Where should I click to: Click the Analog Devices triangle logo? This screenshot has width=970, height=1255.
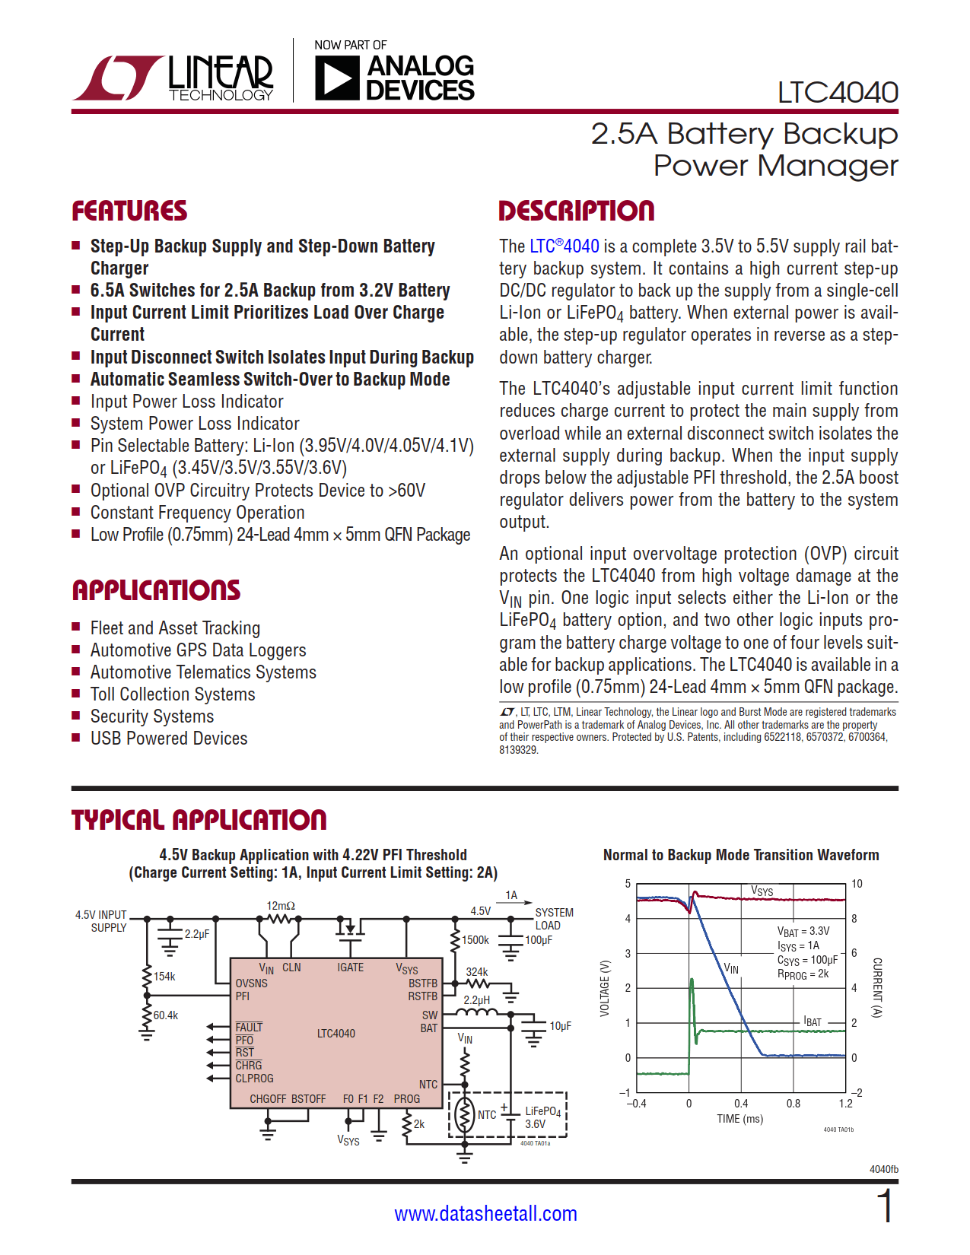336,78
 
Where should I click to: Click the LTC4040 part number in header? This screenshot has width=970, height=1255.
837,93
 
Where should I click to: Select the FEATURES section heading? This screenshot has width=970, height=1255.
129,211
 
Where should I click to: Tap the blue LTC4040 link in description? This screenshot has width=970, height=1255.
564,246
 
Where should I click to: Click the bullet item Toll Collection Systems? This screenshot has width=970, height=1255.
173,694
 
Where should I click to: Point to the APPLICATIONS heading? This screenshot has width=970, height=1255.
156,590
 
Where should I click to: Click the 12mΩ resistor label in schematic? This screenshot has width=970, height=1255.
281,906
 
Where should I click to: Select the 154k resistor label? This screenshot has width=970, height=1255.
164,977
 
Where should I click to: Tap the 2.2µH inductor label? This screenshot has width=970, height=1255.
477,1000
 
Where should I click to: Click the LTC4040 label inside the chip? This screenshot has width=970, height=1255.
336,1034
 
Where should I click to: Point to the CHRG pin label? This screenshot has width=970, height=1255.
249,1066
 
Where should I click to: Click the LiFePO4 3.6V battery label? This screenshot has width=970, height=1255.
542,1117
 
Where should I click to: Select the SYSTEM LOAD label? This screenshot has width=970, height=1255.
553,919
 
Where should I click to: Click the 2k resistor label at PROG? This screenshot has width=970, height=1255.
419,1123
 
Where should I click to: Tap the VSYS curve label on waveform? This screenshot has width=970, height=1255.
762,891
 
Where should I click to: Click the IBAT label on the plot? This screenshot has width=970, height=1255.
813,1021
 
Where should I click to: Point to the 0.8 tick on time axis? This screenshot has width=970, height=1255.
793,1104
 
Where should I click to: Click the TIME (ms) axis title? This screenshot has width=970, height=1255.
739,1119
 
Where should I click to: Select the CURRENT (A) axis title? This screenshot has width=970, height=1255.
876,987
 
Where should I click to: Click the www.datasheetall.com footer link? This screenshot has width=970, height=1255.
485,1214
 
